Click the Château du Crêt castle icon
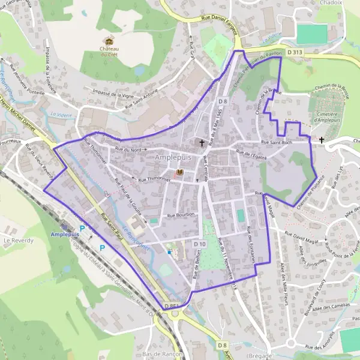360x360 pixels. tap(109, 41)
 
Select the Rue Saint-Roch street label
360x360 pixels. tap(277, 143)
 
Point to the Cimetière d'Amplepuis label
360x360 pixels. tap(329, 106)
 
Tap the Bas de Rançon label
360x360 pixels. tap(160, 354)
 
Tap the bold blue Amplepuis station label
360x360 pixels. tap(65, 234)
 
